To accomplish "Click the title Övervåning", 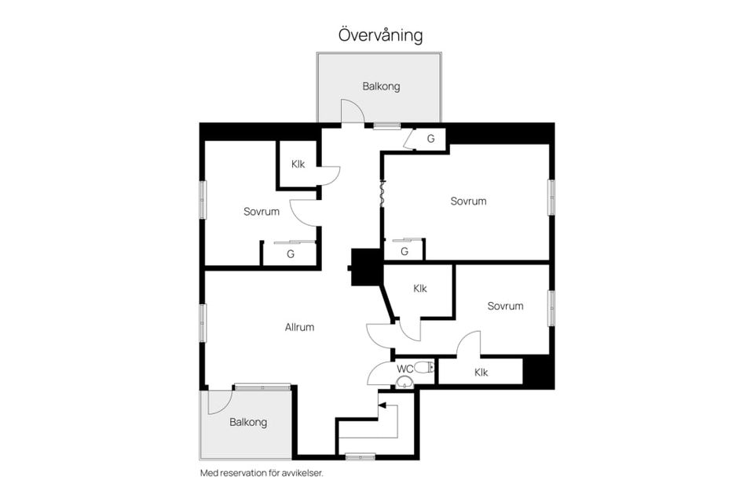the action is click(381, 35).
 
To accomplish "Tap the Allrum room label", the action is click(299, 327).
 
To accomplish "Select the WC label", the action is click(404, 369).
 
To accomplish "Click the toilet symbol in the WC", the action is click(424, 368).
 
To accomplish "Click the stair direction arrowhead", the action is click(382, 406).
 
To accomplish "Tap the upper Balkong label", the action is click(381, 86).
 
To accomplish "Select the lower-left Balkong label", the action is click(248, 422).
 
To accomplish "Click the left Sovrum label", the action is click(261, 211).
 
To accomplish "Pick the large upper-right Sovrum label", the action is click(468, 201).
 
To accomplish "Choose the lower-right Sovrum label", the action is click(505, 306).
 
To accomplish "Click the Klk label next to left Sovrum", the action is click(298, 164).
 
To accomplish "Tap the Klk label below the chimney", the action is click(420, 289).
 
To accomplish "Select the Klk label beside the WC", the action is click(481, 373).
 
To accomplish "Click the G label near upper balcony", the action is click(431, 139).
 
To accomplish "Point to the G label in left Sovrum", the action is click(291, 254).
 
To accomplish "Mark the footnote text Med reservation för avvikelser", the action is click(262, 473).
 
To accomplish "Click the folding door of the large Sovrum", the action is click(382, 194).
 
